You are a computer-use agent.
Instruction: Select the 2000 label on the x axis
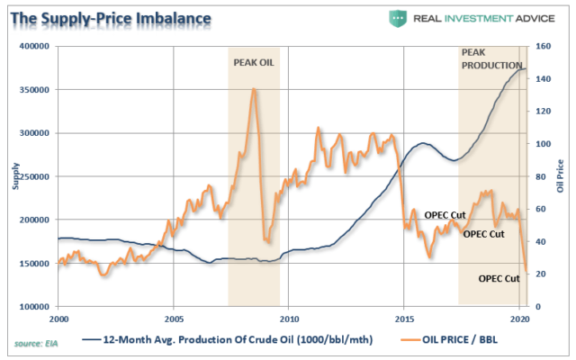click(x=58, y=319)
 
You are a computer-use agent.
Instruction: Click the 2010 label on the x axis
click(x=289, y=319)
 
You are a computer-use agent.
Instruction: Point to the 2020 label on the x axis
click(x=519, y=319)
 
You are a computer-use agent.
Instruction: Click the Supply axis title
click(x=13, y=176)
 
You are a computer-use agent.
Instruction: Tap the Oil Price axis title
click(x=561, y=176)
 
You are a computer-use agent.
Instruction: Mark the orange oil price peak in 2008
click(x=254, y=89)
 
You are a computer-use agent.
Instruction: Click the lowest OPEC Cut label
click(x=498, y=278)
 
